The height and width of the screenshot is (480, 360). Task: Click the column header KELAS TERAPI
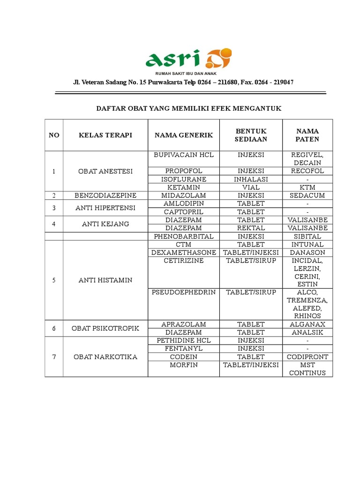(105, 135)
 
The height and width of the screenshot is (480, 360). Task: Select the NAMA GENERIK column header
(184, 135)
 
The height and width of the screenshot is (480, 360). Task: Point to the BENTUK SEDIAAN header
(251, 135)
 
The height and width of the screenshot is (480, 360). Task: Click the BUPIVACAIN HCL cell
(184, 155)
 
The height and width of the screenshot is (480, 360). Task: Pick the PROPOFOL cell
(184, 171)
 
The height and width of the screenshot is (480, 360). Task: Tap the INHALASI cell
(251, 179)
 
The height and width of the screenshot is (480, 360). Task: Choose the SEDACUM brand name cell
(307, 195)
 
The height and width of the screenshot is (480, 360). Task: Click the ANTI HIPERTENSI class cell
(105, 208)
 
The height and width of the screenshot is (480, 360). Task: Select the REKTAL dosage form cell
(251, 228)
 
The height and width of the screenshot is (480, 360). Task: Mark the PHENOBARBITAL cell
(184, 236)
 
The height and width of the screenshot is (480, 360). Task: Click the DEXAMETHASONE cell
(184, 253)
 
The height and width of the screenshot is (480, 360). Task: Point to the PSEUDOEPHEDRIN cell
(184, 292)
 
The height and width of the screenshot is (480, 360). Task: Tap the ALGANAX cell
(307, 324)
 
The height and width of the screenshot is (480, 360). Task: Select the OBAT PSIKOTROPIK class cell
(105, 328)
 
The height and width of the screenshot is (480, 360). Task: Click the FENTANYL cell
(184, 349)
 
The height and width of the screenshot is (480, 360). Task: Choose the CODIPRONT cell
(307, 357)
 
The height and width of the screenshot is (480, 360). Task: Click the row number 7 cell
(54, 357)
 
